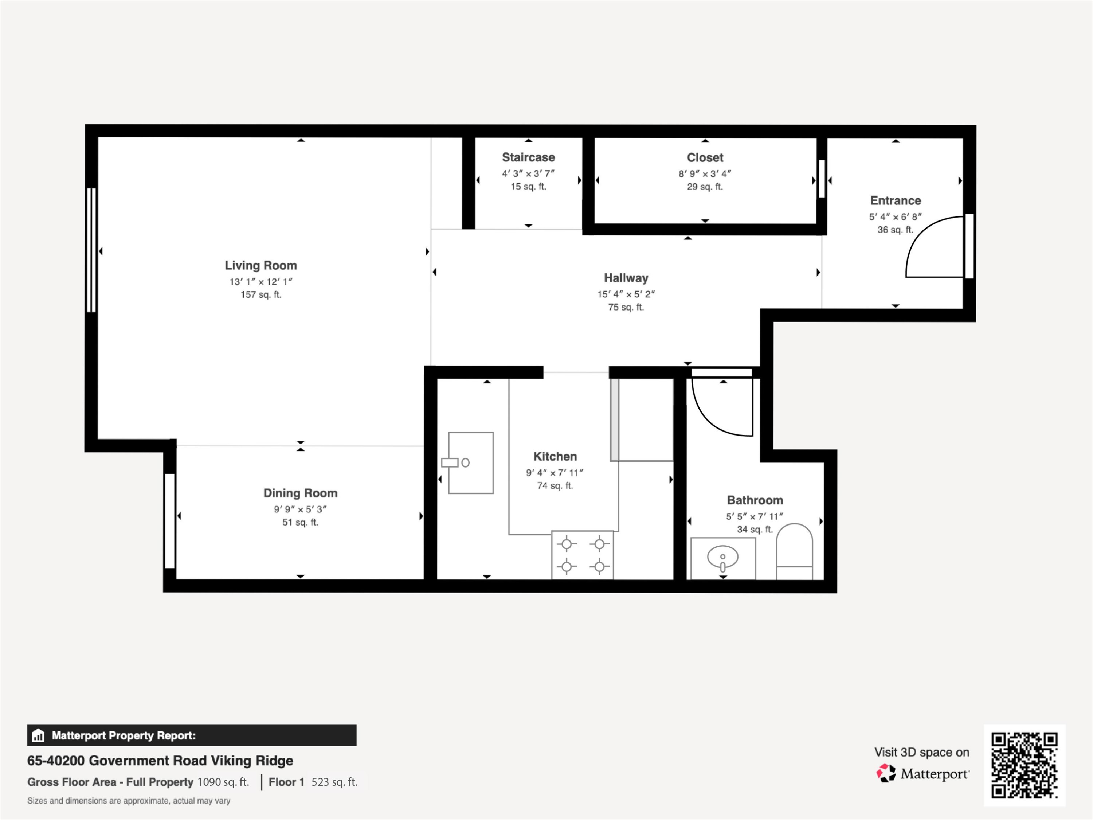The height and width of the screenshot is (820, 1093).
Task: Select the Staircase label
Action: (x=528, y=157)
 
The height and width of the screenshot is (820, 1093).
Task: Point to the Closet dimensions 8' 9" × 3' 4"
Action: (x=705, y=173)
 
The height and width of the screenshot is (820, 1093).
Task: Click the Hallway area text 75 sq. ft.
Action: (x=626, y=307)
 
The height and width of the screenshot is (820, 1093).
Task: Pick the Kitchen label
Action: (x=555, y=456)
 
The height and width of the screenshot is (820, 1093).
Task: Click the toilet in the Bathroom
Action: (x=795, y=552)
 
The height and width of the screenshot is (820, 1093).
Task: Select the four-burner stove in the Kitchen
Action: (x=583, y=555)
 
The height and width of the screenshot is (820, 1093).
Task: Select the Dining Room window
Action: (x=169, y=521)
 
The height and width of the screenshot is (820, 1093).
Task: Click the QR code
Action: (x=1024, y=765)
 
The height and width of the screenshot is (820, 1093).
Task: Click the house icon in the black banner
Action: (x=38, y=735)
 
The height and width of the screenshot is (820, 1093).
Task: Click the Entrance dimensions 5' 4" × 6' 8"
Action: (x=896, y=216)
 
